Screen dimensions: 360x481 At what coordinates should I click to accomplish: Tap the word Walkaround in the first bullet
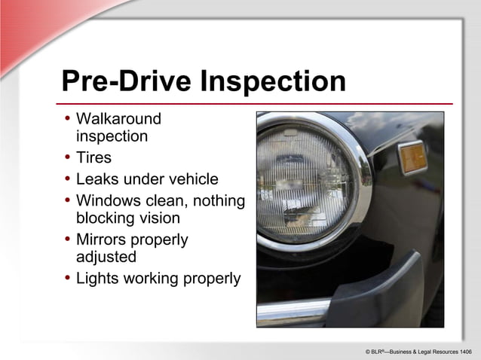coord(119,119)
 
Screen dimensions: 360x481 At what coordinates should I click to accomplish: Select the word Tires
coord(93,158)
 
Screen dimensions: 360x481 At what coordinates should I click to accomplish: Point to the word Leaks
coord(97,179)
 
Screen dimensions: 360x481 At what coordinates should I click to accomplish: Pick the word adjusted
coord(106,257)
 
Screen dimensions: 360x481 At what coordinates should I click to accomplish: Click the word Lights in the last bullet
coord(97,279)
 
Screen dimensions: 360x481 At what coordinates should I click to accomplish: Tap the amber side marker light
coord(412,157)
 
